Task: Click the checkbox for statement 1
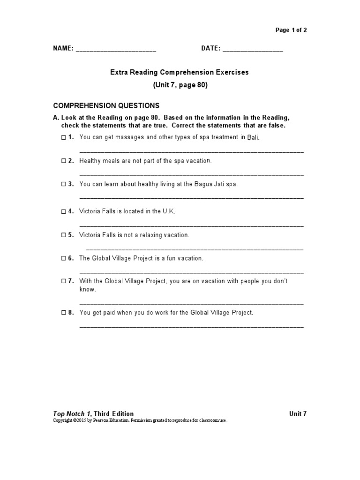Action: [63, 137]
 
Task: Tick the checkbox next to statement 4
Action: [63, 211]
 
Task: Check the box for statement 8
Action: [63, 313]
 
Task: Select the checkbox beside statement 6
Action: [63, 258]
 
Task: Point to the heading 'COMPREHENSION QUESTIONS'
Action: [106, 105]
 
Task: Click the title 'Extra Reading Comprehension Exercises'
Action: [180, 73]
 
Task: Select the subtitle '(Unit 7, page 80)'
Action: [180, 85]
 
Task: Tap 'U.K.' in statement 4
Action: [168, 211]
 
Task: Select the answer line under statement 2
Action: [191, 174]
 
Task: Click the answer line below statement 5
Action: [195, 248]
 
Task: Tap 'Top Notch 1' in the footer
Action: [72, 414]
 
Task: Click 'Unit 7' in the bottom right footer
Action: [298, 414]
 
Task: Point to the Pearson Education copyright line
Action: [141, 421]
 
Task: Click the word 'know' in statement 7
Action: [88, 290]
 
